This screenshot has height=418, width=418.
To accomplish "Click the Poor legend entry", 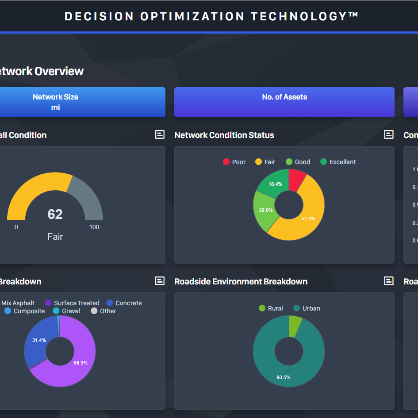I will click(x=234, y=162).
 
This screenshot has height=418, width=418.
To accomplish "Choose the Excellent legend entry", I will click(x=338, y=162).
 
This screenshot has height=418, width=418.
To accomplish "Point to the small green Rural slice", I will click(x=295, y=325).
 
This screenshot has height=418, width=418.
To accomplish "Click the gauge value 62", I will click(x=55, y=215).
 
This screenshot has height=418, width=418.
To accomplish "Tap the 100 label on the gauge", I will click(x=94, y=227).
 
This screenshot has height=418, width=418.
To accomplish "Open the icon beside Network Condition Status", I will click(x=389, y=134).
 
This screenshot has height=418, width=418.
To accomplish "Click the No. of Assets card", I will click(x=284, y=102).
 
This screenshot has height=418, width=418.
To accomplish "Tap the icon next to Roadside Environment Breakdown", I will click(x=389, y=281).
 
